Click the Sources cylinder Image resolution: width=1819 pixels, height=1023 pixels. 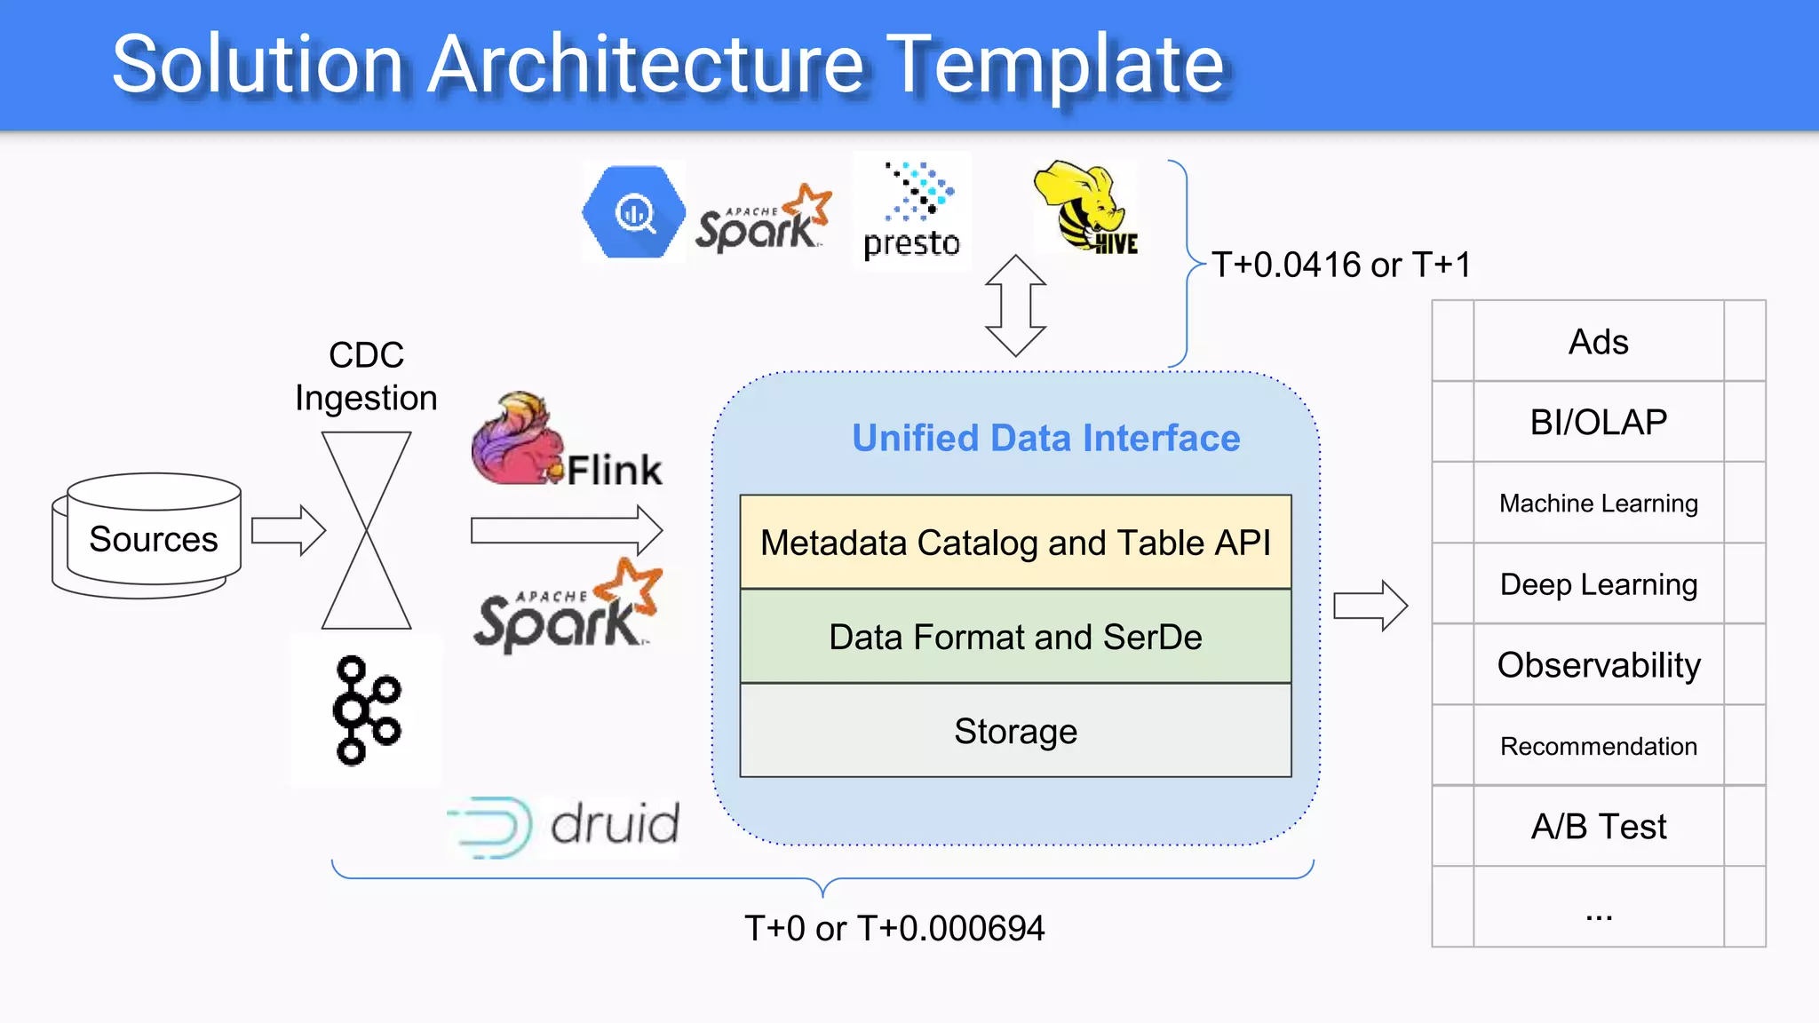coord(147,535)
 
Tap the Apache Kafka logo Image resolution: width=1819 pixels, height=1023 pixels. coord(366,710)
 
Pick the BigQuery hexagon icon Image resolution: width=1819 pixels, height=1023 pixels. coord(633,212)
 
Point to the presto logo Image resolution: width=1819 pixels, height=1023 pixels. coord(912,211)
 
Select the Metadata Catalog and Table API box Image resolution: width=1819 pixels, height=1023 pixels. coord(1015,543)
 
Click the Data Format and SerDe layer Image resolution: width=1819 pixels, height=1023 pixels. coord(1015,637)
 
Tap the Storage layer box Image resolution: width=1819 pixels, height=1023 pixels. coord(1015,731)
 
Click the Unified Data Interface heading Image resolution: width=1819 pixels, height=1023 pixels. coord(1045,438)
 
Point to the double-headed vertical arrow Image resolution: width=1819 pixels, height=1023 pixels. coord(1015,305)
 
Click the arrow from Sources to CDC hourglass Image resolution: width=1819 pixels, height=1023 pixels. coord(289,530)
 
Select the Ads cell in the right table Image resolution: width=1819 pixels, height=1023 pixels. coord(1598,342)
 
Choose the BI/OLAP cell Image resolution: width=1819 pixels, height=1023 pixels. coord(1598,422)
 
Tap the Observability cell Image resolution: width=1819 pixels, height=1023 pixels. coord(1598,664)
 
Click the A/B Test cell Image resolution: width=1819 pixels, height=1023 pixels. coord(1598,826)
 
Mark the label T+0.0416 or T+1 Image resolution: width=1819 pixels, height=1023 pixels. coord(1341,265)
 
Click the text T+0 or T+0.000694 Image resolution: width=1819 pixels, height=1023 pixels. coord(894,928)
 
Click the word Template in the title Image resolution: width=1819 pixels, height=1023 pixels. coord(1055,64)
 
